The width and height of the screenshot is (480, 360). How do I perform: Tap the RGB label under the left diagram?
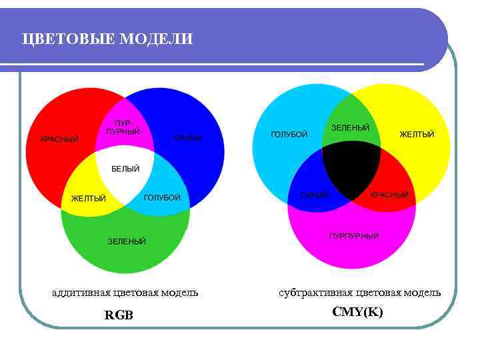point(119,315)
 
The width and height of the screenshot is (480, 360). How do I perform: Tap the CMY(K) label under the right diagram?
point(357,312)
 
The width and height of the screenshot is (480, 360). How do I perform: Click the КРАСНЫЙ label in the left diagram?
point(59,139)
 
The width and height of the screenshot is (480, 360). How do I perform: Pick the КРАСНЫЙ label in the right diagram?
point(389,195)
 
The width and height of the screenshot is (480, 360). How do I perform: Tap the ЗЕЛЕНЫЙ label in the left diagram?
point(127,241)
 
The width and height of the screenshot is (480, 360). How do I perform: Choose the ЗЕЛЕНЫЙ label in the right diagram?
point(350,127)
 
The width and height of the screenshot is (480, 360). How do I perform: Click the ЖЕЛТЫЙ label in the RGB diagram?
point(89,198)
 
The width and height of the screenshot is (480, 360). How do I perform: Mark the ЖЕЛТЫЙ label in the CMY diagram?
point(417,135)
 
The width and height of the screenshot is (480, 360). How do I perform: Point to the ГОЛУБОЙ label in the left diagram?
point(163,198)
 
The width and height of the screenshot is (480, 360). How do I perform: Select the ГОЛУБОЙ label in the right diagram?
point(289,135)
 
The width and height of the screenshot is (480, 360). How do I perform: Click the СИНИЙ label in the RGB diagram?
point(187,139)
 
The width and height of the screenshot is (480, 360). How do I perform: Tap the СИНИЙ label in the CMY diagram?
point(315,195)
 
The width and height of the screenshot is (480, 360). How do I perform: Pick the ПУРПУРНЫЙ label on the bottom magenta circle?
point(354,236)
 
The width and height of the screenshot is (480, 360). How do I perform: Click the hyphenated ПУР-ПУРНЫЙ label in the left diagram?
point(123,127)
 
